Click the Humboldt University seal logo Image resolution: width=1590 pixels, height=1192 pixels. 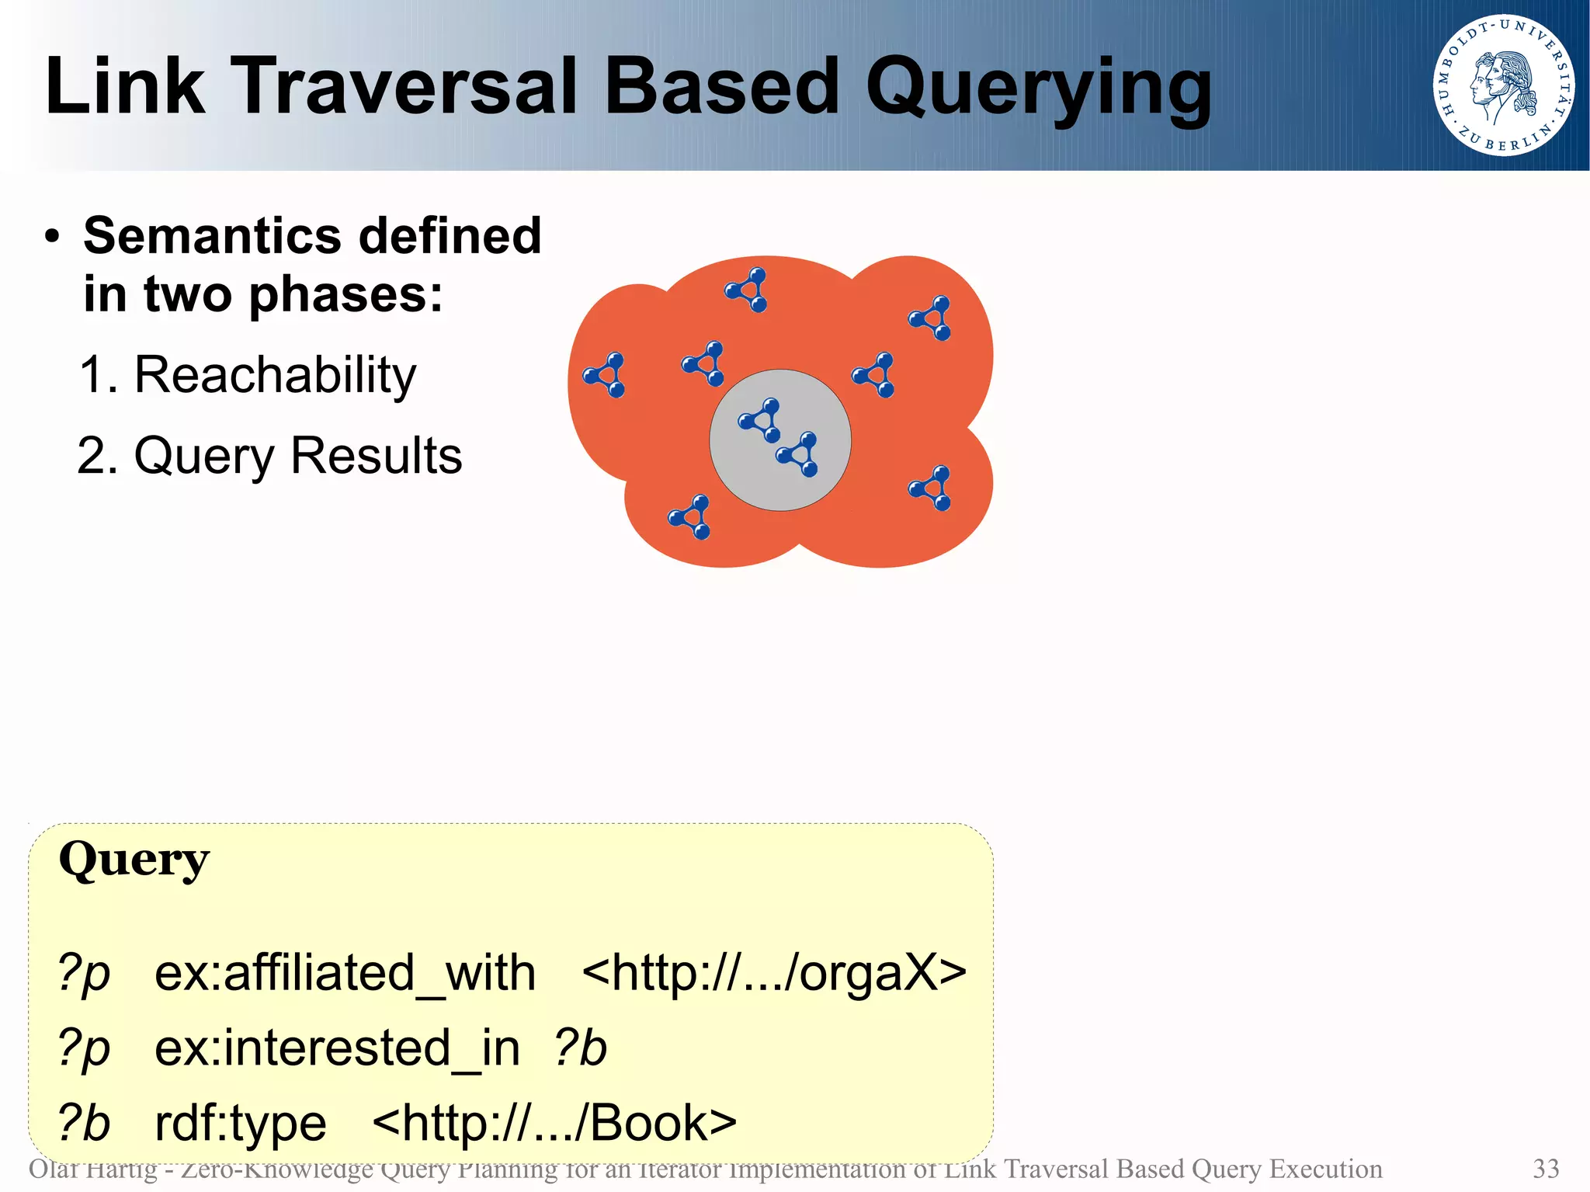(x=1504, y=85)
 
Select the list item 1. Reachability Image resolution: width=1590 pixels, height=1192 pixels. (x=248, y=375)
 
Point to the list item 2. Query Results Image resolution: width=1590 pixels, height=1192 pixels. (x=269, y=456)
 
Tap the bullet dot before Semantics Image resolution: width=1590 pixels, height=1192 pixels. (x=52, y=237)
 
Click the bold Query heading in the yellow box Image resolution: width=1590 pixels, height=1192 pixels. (x=134, y=860)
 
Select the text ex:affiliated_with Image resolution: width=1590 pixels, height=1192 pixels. (x=345, y=973)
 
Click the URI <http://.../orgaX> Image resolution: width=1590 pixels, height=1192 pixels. (x=773, y=973)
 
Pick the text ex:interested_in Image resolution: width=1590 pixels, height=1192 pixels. (x=337, y=1048)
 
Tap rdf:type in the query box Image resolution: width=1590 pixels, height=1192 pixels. (x=241, y=1124)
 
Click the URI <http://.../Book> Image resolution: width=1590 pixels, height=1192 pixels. (x=554, y=1124)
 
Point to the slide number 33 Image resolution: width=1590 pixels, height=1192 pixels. (x=1546, y=1169)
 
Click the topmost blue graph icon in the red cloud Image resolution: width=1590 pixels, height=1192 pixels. (x=748, y=290)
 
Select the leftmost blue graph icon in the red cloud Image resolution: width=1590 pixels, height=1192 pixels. (x=605, y=375)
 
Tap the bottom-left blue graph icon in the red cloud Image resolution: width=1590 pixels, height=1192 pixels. (x=690, y=517)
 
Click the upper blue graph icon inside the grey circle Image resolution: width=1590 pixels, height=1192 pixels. (x=760, y=420)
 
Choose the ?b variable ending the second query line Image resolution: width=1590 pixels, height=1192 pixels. (x=580, y=1048)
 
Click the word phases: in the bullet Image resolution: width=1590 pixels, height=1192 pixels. (x=345, y=295)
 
